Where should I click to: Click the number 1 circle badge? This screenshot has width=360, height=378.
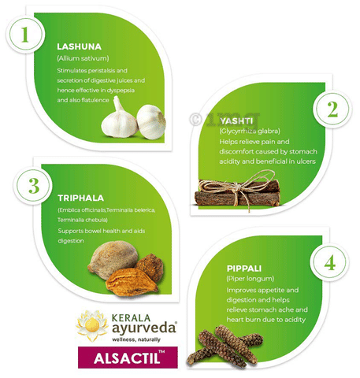pos(25,34)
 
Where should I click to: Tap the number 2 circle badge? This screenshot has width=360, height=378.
pos(332,109)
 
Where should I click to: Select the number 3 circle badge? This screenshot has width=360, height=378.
pos(33,186)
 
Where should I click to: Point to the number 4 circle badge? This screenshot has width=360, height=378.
pos(329,263)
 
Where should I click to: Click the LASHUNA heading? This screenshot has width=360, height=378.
pos(79,46)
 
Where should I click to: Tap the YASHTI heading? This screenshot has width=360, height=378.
pos(236,121)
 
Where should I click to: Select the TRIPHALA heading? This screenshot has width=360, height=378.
pos(81,198)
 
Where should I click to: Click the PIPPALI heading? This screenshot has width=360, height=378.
pos(244,269)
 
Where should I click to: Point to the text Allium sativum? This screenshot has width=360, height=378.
pos(83,58)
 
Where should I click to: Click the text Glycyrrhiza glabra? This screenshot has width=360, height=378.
pos(250,131)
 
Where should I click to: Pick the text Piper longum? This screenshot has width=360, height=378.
pos(251,279)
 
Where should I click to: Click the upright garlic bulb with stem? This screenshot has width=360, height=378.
pos(119,120)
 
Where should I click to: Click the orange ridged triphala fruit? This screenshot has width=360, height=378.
pos(132,282)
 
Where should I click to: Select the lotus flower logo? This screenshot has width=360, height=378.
pos(92,325)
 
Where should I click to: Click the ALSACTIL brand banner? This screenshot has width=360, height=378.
pos(128,358)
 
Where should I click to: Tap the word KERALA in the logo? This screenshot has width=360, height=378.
pos(131,318)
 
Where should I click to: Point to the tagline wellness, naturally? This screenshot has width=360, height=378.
pos(136,339)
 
